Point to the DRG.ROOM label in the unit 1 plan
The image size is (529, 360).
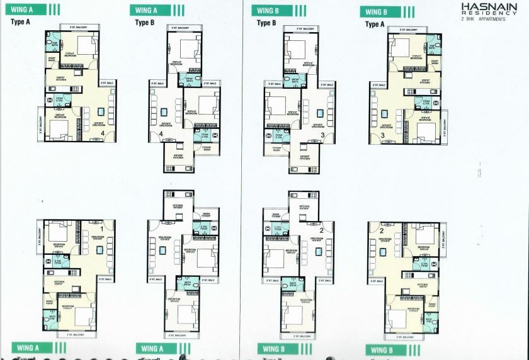pyautogui.click(x=96, y=220)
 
